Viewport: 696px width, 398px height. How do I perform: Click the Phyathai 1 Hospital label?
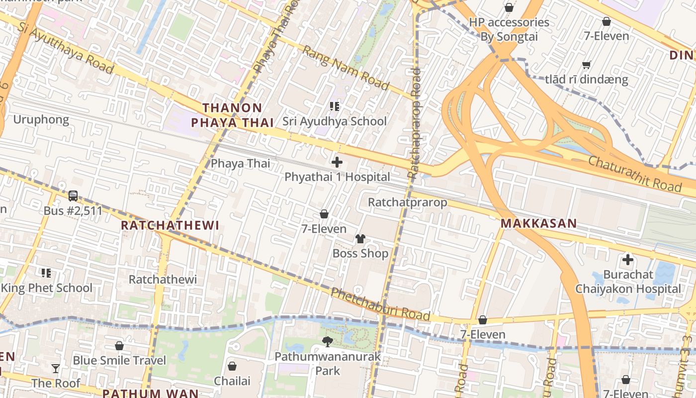pos(337,177)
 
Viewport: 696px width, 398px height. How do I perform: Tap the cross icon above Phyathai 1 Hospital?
pos(337,162)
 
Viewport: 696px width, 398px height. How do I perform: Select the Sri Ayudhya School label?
pos(335,121)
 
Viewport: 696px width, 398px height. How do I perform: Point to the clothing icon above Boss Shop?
pos(360,239)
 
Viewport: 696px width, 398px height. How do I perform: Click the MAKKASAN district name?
pos(538,223)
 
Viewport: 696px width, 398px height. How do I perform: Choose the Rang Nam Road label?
pos(346,68)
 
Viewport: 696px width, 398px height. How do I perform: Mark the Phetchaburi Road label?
pos(380,304)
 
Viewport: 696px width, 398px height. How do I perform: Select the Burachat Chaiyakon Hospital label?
pos(628,282)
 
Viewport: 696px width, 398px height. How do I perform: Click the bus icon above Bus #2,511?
pos(73,196)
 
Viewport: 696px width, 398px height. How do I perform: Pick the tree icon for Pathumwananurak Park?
pos(328,341)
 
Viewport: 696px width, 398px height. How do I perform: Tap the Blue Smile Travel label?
pos(119,360)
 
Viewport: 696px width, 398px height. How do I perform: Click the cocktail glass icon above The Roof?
pos(56,369)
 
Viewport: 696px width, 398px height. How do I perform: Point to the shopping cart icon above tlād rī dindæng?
pos(586,65)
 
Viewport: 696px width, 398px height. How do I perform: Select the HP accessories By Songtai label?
pos(509,29)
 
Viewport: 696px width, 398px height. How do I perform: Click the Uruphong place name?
pos(41,119)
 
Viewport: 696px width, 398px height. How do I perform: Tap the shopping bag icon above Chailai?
pos(232,367)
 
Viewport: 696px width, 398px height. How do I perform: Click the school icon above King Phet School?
pos(46,273)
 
